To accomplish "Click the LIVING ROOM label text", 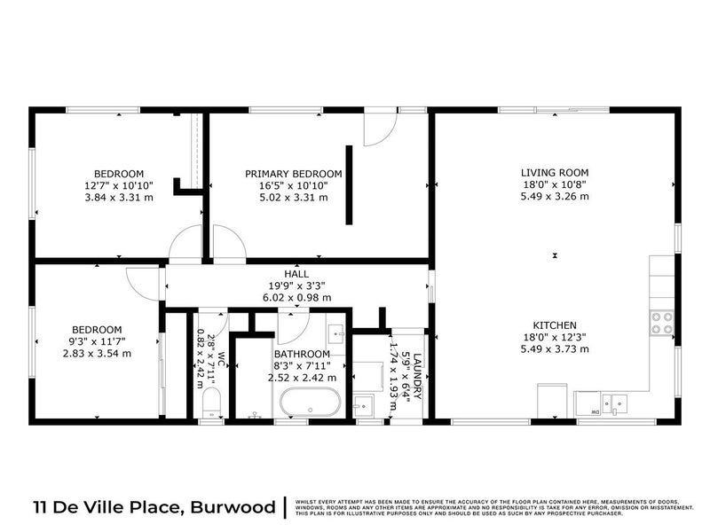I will coord(555,173).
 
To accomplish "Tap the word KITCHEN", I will coord(555,325).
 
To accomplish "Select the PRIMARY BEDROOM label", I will coord(294,174).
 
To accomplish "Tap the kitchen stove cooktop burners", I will coord(661,324).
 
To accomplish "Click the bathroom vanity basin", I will coord(337,333).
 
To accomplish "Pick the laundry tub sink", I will coord(363,408).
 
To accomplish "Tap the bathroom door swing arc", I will coord(290,327).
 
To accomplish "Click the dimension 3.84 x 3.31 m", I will coord(119,198).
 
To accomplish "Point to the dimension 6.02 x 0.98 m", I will coord(296,299).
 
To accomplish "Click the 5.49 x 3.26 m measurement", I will coord(555,197).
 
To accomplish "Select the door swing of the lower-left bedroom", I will coord(142,282).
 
